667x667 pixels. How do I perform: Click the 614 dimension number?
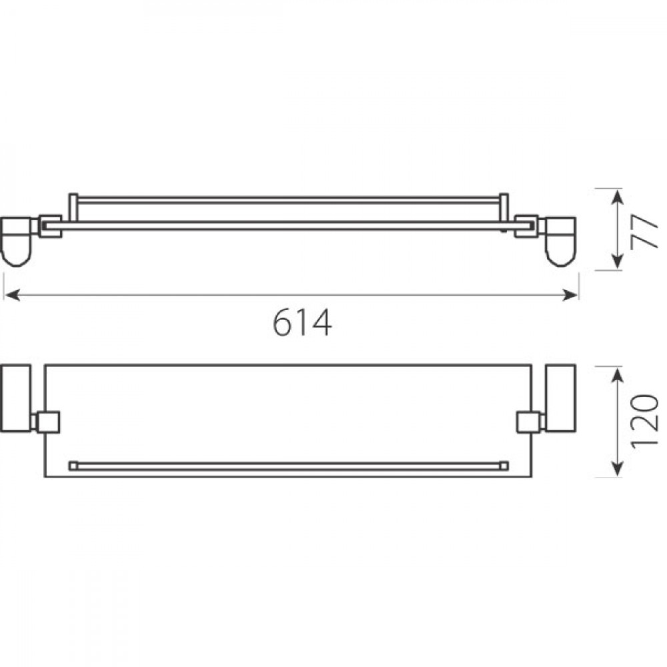tap(302, 322)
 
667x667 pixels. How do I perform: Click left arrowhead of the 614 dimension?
tap(12, 295)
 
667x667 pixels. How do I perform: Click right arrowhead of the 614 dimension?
tap(570, 295)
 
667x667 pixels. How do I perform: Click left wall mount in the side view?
tap(16, 241)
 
